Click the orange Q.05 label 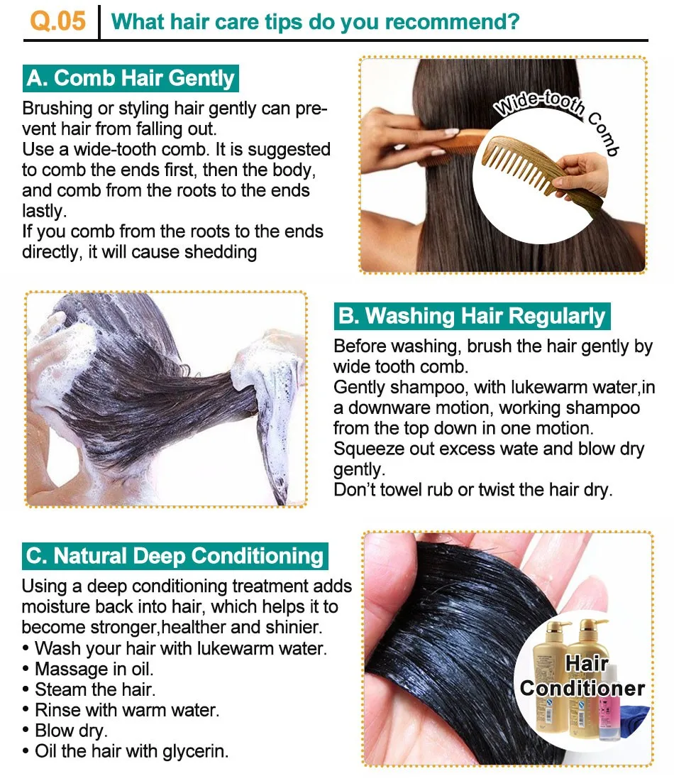pos(57,21)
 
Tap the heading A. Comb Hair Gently pos(131,78)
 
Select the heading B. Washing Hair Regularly pos(471,316)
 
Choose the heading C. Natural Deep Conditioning pos(175,556)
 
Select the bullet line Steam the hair pos(89,689)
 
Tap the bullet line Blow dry pos(65,731)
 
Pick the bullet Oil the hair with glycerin pos(126,751)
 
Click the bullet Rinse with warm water pos(121,710)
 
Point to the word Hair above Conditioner pos(587,663)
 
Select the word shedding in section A pos(221,253)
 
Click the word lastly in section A pos(44,211)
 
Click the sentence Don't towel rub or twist pos(473,490)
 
